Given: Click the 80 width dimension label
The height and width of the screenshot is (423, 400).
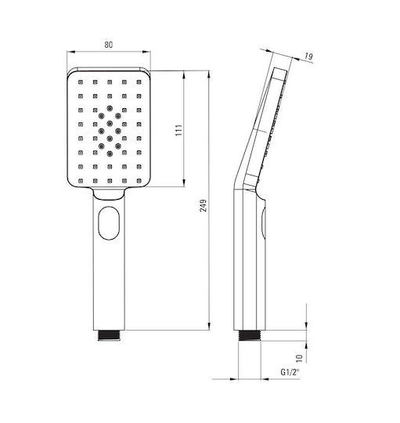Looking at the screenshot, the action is (108, 45).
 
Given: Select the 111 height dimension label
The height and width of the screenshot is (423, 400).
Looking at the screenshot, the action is (179, 130).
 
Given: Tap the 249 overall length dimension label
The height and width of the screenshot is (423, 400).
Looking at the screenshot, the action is (204, 205).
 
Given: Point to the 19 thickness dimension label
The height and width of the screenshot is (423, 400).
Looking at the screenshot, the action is (308, 56).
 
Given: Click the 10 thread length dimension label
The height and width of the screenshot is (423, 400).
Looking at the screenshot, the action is (300, 358).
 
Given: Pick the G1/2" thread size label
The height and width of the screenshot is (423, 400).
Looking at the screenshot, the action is (290, 372).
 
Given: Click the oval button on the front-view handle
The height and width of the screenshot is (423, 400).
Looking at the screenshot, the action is (109, 223).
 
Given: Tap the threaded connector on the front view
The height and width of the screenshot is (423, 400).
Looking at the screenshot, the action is (109, 335).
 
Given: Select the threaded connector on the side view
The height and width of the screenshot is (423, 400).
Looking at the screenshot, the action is (250, 335).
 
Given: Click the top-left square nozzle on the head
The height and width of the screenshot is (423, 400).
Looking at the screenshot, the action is (81, 82).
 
